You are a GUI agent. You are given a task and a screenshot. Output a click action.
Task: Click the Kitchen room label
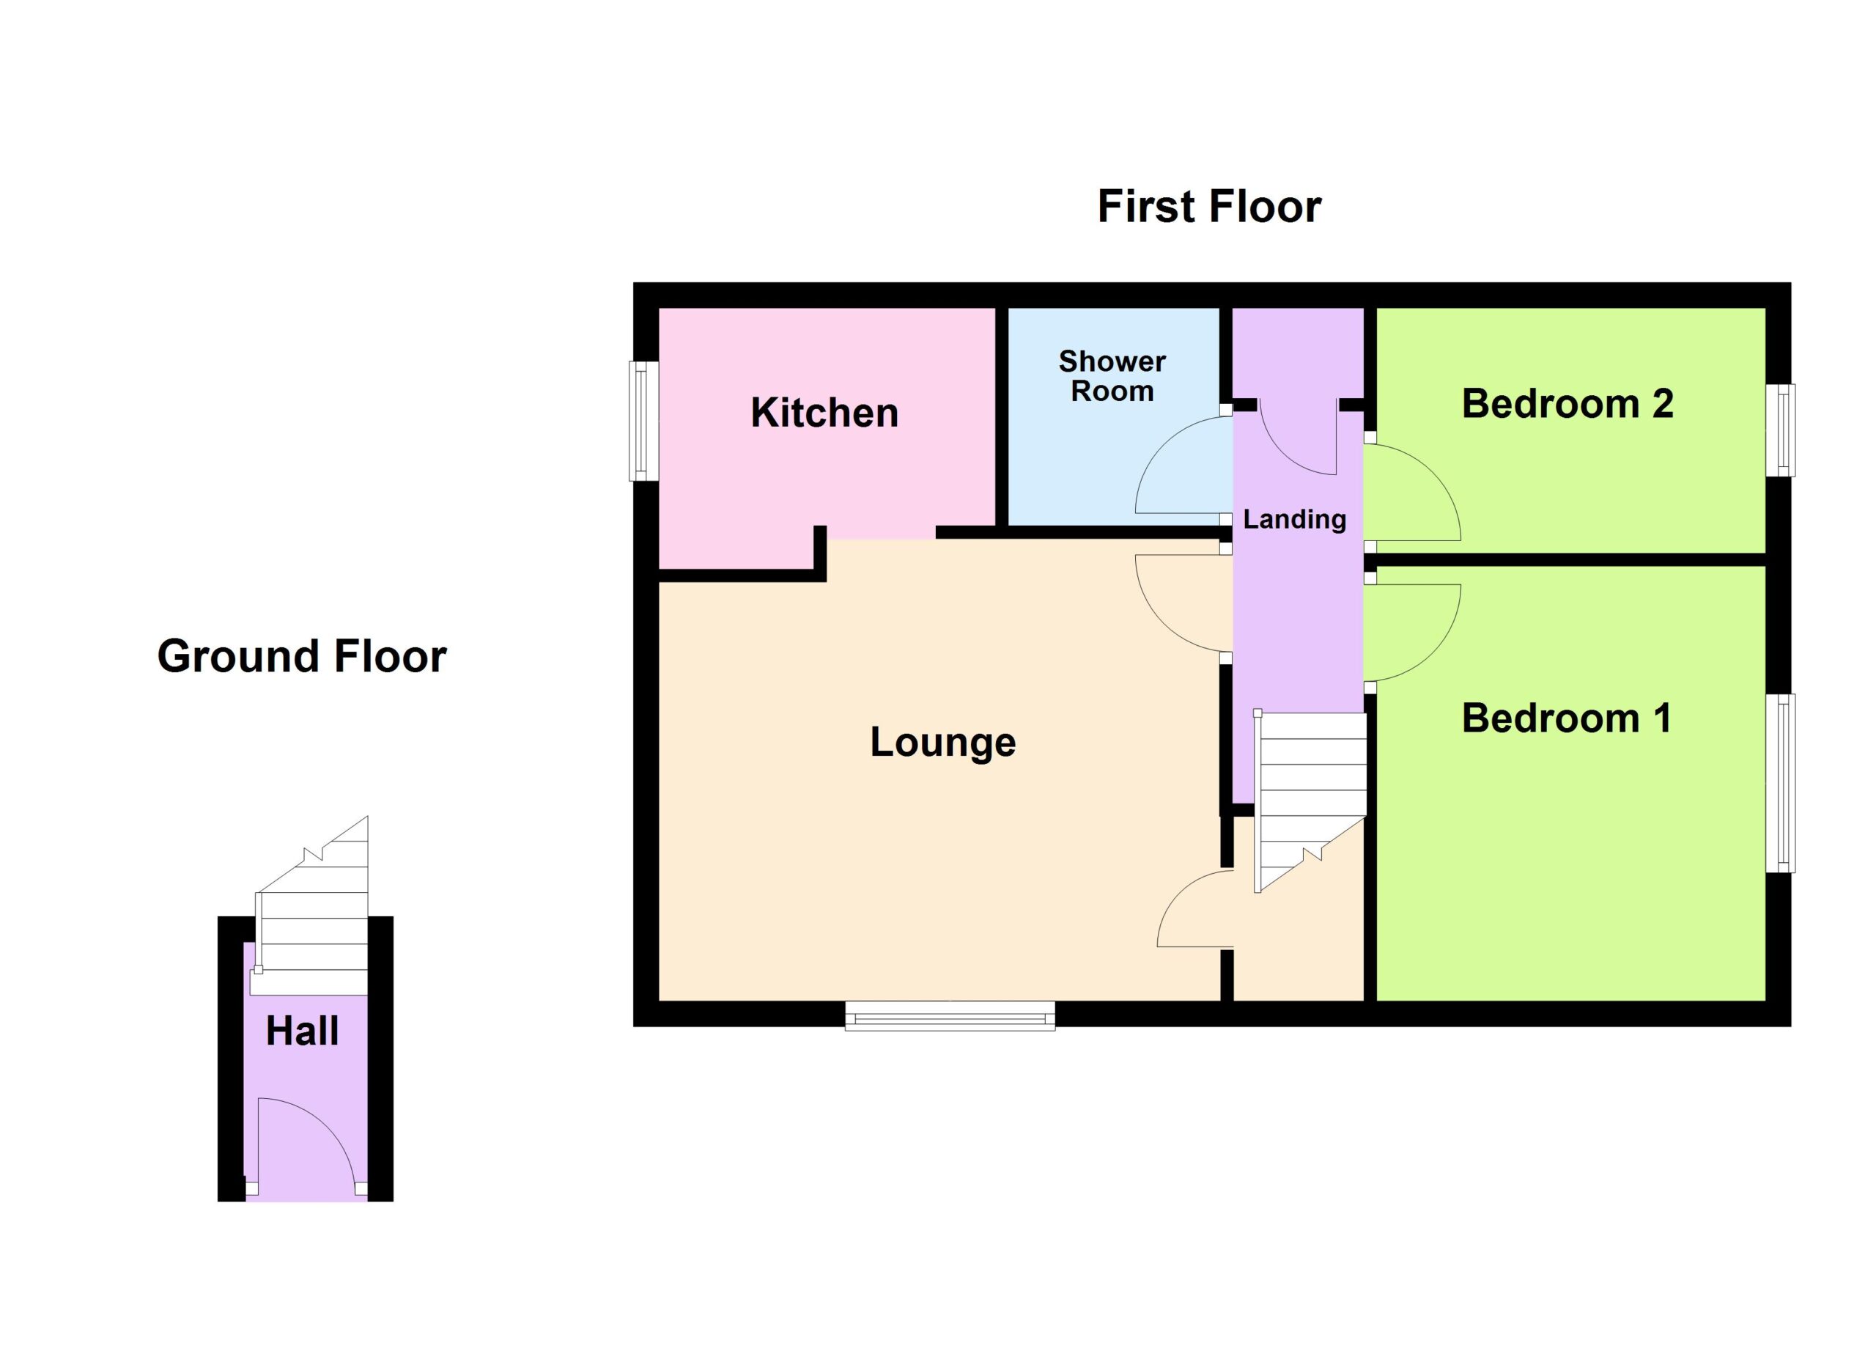click(824, 413)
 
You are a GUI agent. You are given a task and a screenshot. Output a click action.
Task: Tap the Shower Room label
click(1112, 375)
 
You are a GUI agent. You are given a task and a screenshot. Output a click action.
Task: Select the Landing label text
click(1294, 520)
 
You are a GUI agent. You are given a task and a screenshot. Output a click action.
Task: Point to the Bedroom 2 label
click(1567, 404)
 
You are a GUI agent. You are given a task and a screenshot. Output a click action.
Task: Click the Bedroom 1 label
click(1567, 718)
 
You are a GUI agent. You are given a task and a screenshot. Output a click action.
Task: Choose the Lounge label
click(943, 743)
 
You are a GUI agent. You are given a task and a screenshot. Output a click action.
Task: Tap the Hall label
click(302, 1031)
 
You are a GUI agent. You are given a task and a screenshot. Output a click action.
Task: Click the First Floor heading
click(1208, 206)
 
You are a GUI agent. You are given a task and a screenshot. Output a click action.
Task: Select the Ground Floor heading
click(302, 656)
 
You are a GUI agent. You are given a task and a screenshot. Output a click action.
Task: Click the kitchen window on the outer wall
click(643, 421)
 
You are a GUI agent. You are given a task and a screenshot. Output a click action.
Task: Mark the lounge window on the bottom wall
click(950, 1015)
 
